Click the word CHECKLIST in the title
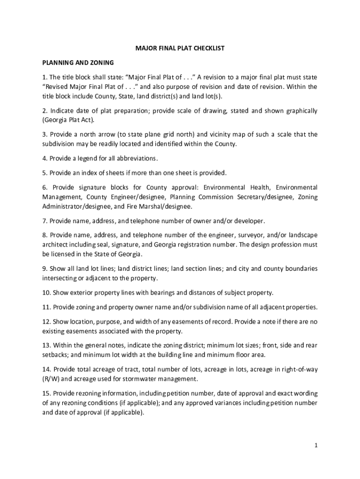(x=208, y=48)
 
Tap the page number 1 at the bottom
(x=316, y=445)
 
